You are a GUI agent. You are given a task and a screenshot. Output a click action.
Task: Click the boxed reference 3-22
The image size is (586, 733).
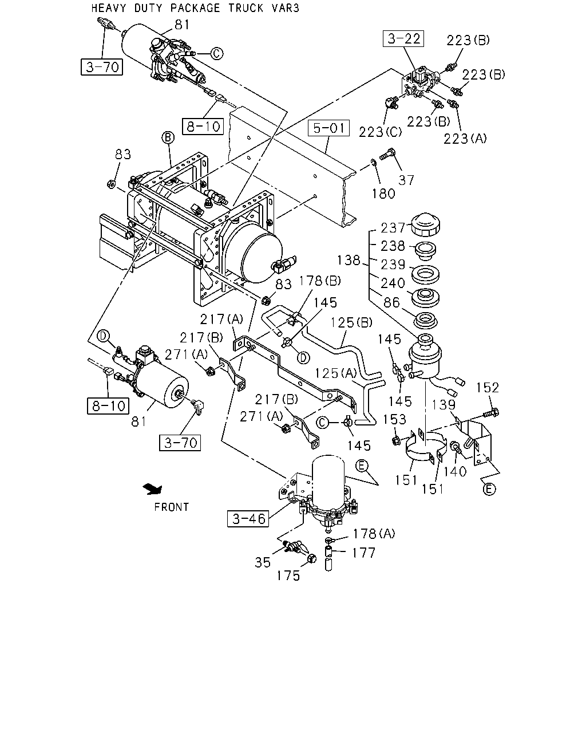pos(403,38)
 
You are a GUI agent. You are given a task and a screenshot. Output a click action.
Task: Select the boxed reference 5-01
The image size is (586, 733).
pos(328,128)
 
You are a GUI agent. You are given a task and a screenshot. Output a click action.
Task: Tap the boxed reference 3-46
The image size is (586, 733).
pos(248,519)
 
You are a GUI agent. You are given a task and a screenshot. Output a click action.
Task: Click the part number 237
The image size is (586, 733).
pos(393,227)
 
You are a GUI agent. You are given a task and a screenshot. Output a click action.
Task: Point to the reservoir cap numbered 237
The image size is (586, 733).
pos(425,224)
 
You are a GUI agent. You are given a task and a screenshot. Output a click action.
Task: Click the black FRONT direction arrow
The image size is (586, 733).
pos(153,489)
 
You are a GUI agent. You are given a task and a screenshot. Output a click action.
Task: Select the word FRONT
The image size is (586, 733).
pos(171,507)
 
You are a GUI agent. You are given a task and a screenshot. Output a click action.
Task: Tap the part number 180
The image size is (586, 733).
pos(383,194)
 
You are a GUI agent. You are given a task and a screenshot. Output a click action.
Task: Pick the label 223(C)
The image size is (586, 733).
pos(381,132)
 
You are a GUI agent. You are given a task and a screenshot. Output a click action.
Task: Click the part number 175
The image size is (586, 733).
pos(288,576)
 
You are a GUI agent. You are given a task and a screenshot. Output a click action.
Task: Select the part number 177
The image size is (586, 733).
pos(363,553)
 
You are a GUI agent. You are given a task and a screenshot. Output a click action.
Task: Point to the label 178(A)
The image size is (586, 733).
pos(374,533)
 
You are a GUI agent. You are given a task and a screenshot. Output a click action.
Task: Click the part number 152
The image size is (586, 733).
pos(487,387)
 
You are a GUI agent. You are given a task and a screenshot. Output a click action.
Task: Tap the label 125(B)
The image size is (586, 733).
pos(351,322)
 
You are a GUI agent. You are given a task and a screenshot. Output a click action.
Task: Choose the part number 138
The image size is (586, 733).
pos(349,260)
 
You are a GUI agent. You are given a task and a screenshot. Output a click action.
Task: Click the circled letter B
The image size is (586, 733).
pos(168,137)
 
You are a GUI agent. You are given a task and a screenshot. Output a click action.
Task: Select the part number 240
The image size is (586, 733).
pos(393,283)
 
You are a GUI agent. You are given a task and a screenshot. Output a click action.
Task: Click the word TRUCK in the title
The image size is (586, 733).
pos(246,7)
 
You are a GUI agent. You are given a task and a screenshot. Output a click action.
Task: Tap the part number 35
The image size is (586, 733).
pos(263,562)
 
